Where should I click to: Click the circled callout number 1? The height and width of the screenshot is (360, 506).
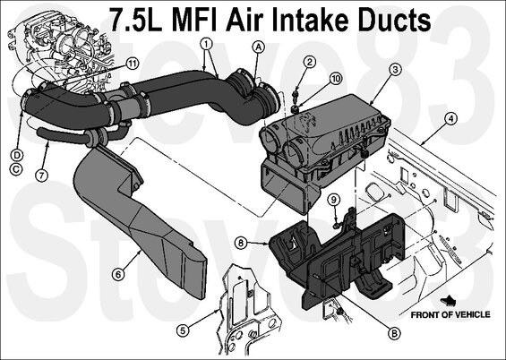pyautogui.click(x=207, y=43)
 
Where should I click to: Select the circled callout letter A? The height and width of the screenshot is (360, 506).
pyautogui.click(x=258, y=47)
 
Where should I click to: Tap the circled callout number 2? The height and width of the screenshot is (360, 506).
pyautogui.click(x=310, y=62)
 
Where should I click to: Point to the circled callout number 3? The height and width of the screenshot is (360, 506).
pyautogui.click(x=395, y=69)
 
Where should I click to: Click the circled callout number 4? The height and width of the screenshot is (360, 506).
pyautogui.click(x=450, y=119)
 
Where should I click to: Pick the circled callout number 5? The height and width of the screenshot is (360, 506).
pyautogui.click(x=183, y=330)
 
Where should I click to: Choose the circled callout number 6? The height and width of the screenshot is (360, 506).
pyautogui.click(x=118, y=275)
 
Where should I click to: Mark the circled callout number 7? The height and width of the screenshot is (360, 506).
pyautogui.click(x=41, y=176)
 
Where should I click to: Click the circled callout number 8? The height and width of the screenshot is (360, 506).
pyautogui.click(x=241, y=243)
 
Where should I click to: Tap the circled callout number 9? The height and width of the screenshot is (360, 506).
pyautogui.click(x=334, y=200)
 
